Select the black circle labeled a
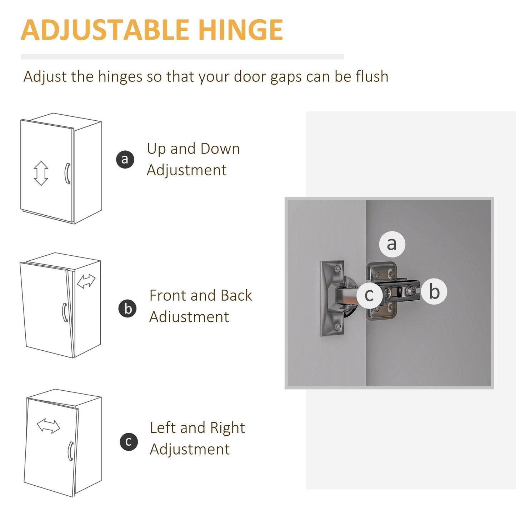(125, 159)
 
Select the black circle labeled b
(128, 309)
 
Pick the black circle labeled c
(129, 442)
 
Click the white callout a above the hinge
(392, 244)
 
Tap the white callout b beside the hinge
(434, 292)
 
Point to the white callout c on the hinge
(370, 295)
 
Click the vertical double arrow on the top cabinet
(41, 173)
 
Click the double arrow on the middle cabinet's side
(86, 281)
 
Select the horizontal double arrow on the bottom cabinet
(49, 426)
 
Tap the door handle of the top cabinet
(67, 173)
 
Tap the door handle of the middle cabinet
(65, 312)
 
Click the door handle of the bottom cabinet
(71, 451)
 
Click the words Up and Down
(193, 149)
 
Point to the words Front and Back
(201, 295)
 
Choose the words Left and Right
(197, 428)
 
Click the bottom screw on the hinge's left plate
(338, 326)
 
